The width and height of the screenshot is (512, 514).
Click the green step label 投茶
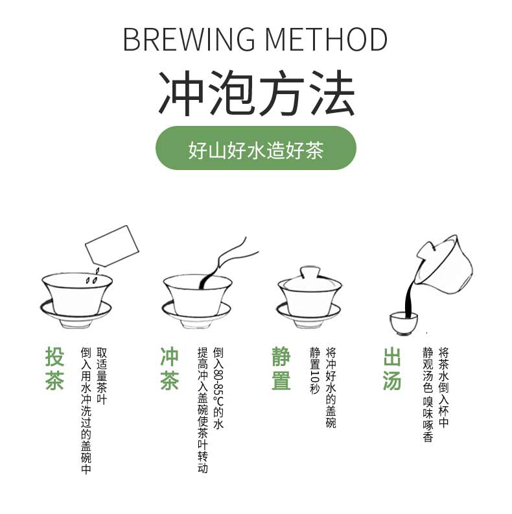pos(55,368)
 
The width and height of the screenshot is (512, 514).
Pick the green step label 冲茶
pos(169,368)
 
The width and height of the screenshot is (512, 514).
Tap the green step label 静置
pos(281,368)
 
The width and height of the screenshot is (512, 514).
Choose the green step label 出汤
pos(392,368)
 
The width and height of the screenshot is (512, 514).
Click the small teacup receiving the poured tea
pos(403,322)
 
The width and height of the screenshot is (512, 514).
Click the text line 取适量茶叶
pos(102,376)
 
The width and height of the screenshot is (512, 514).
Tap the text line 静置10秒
pos(315,371)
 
